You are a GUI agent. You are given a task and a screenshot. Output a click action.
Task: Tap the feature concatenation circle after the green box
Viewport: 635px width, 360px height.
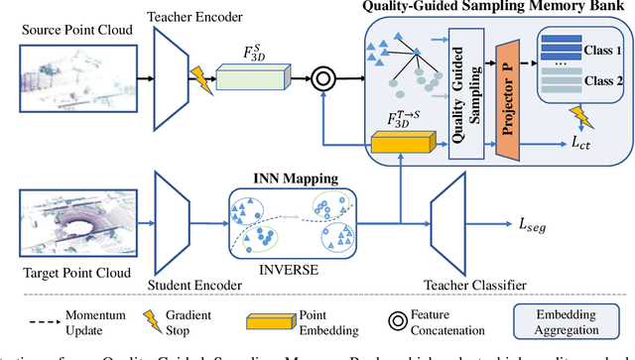[x=323, y=75]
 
